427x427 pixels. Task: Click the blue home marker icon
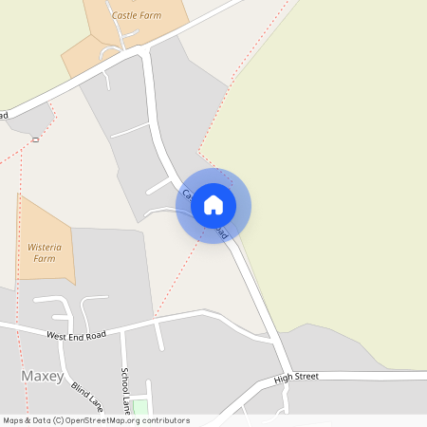(213, 205)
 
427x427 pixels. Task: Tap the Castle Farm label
(136, 15)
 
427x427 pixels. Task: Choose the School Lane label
(124, 390)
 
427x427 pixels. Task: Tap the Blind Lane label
(86, 388)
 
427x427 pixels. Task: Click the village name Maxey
(42, 377)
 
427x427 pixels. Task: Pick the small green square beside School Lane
(140, 407)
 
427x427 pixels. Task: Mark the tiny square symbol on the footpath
(34, 139)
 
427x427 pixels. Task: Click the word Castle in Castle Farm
(125, 15)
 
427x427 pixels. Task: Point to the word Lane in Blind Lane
(94, 401)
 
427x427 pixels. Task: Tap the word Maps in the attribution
(12, 420)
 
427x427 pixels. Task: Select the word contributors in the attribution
(166, 420)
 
